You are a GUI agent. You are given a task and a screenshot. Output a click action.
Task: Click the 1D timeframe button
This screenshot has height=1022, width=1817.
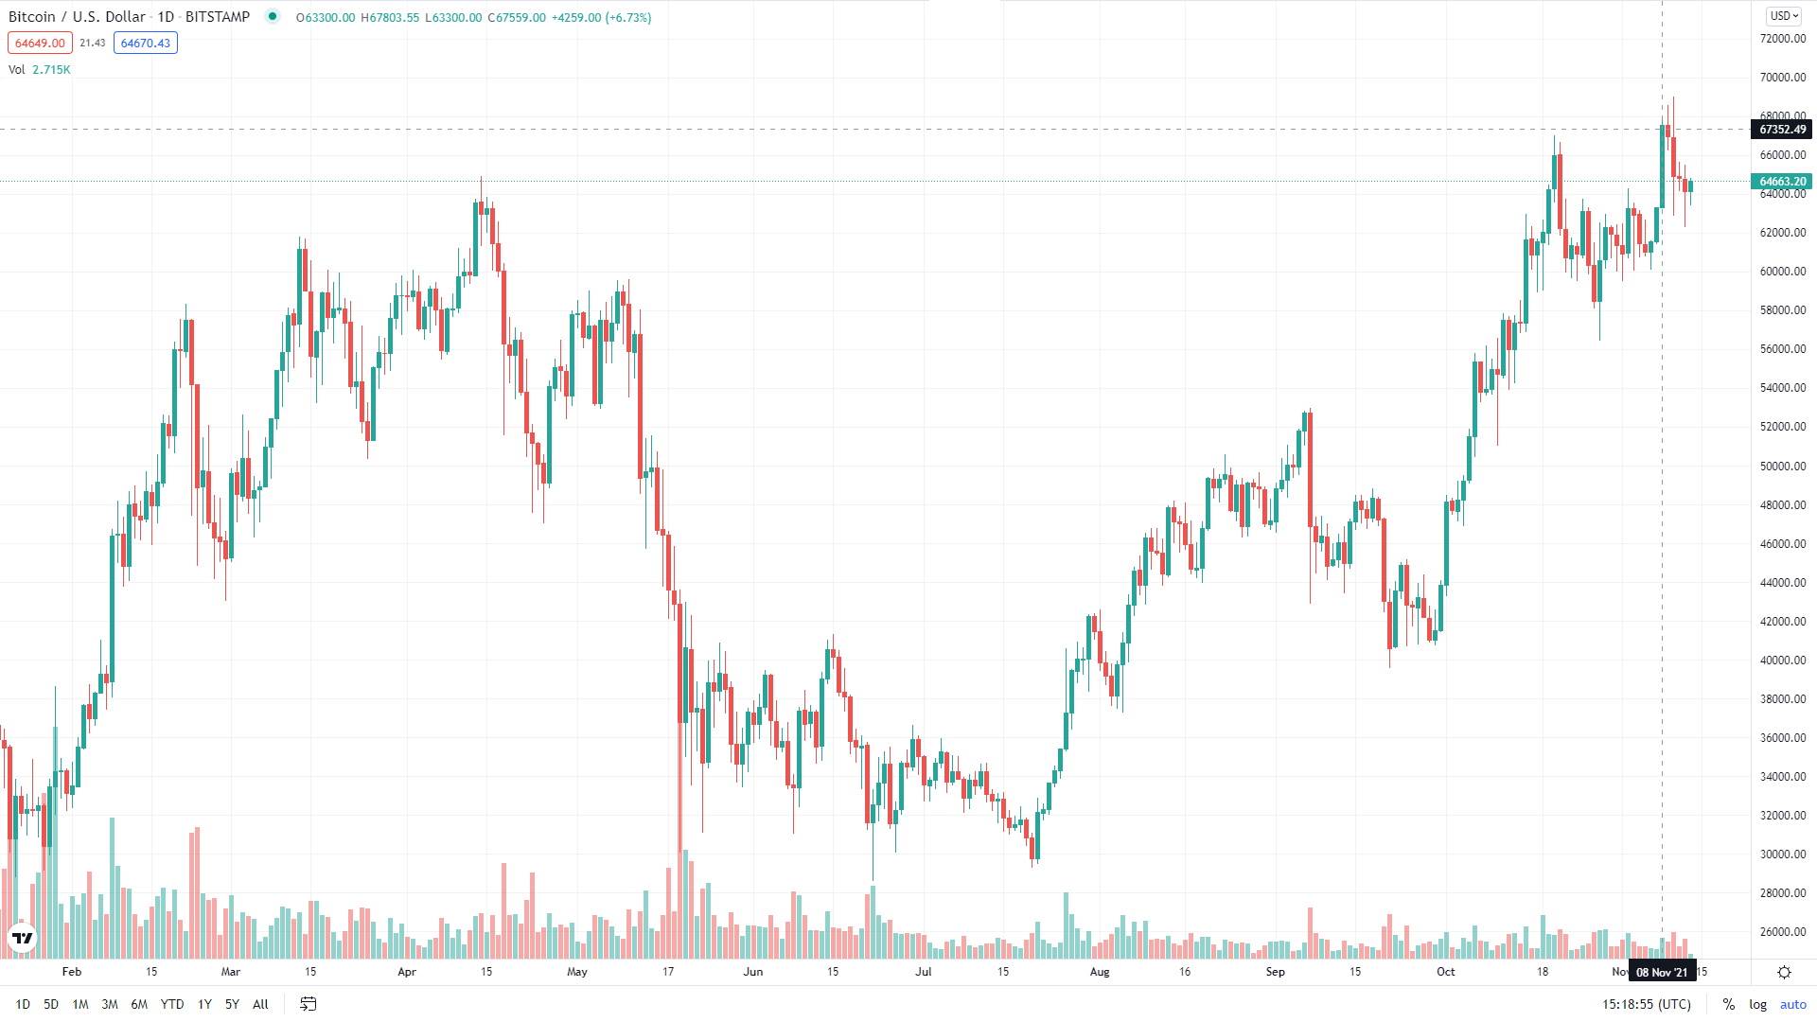[23, 1004]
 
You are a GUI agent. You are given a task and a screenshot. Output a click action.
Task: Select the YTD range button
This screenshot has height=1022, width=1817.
[171, 1004]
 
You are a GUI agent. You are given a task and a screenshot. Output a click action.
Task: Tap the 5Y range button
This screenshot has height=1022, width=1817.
[232, 1004]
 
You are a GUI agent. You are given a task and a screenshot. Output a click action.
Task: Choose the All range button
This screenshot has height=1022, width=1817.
[260, 1004]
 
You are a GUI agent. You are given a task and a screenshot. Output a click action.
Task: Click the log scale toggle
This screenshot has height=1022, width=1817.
[1757, 1004]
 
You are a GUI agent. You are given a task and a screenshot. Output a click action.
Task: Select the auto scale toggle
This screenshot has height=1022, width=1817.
[1792, 1004]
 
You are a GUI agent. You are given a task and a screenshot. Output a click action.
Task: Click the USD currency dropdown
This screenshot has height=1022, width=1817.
[1784, 16]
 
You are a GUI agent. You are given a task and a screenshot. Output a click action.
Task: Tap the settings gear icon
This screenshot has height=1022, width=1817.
[1784, 972]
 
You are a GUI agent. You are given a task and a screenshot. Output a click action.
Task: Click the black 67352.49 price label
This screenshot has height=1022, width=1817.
[1783, 130]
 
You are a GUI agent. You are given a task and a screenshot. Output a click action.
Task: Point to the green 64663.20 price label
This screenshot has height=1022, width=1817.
[1783, 182]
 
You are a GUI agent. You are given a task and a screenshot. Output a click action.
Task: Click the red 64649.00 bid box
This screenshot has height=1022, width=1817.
[40, 43]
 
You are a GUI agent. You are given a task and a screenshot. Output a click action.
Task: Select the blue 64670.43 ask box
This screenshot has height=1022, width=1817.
[146, 43]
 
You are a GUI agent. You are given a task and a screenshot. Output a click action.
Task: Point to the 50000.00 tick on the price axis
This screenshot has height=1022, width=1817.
[1783, 466]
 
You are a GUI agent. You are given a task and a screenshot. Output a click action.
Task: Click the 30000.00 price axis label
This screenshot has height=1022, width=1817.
[1783, 854]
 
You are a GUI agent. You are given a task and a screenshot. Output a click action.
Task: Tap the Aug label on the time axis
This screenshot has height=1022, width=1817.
[1099, 972]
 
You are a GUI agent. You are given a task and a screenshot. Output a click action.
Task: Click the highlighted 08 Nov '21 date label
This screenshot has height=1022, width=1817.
[1662, 972]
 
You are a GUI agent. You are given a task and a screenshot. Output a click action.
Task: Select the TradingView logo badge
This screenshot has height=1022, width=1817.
[22, 938]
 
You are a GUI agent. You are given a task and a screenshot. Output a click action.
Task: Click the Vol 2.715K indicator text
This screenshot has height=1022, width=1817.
[40, 70]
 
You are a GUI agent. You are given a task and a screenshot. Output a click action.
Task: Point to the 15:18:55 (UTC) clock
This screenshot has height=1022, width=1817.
[1647, 1004]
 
